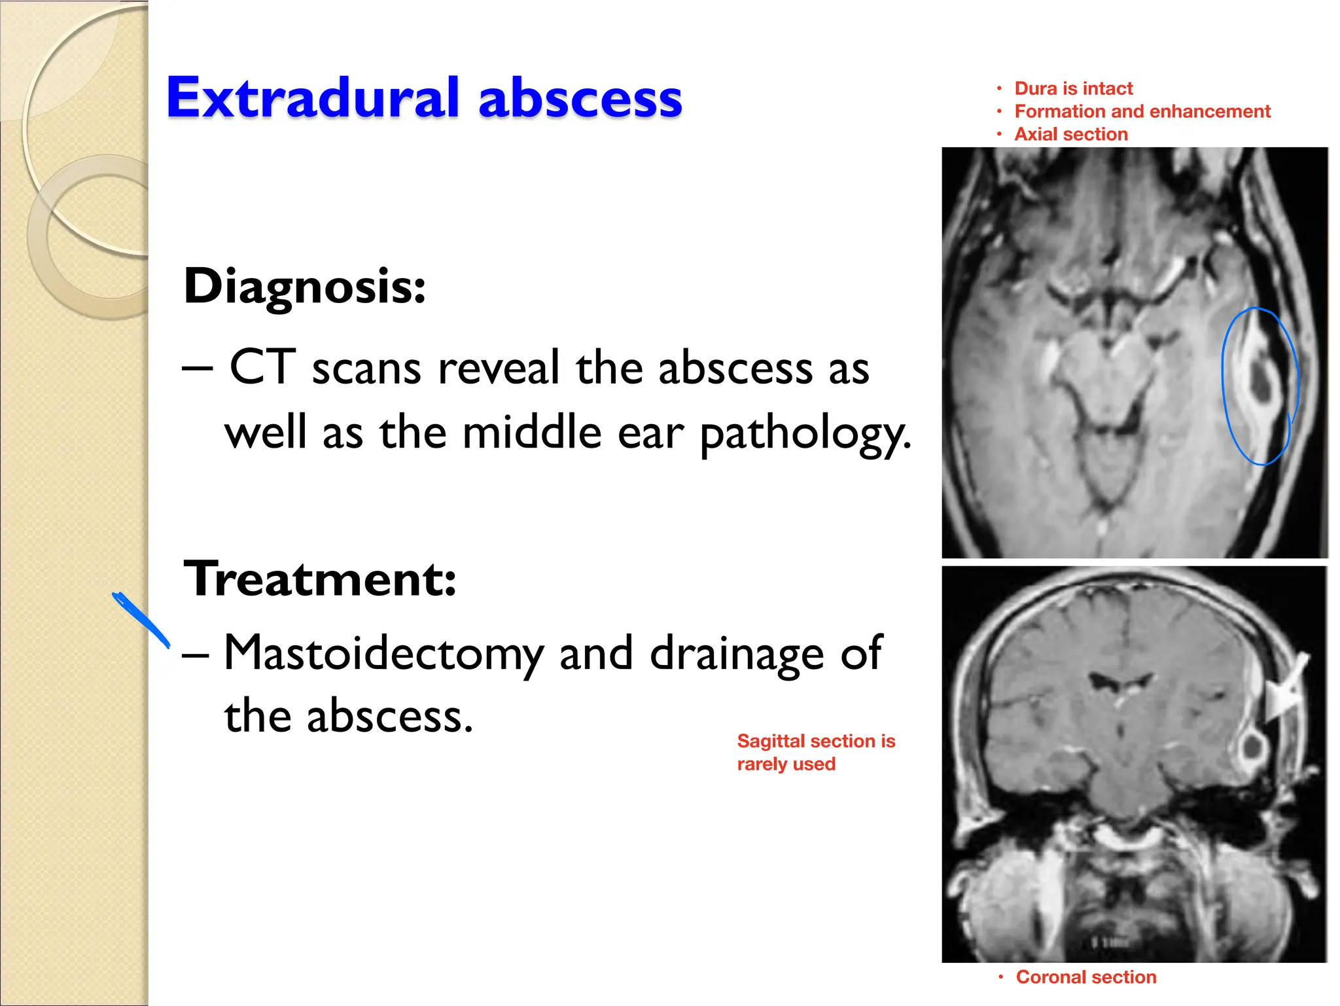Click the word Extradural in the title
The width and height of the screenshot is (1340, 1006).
click(x=311, y=98)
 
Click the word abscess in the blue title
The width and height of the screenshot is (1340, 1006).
click(x=580, y=98)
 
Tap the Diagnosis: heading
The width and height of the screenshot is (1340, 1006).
click(x=304, y=286)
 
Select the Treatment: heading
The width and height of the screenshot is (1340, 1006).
click(x=319, y=579)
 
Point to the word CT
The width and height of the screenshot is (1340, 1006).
click(x=262, y=367)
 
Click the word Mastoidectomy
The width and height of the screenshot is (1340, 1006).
click(x=383, y=654)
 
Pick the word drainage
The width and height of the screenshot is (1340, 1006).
click(x=737, y=654)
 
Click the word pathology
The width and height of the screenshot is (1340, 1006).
click(x=805, y=434)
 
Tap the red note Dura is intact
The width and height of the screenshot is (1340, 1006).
click(x=1073, y=88)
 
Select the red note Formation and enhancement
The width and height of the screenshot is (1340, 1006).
click(x=1142, y=111)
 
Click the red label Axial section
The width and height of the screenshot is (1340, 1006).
click(x=1070, y=134)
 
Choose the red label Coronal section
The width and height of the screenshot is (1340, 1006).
click(x=1085, y=977)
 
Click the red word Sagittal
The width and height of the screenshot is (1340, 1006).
click(x=769, y=741)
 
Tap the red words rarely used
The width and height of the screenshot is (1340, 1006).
click(x=786, y=764)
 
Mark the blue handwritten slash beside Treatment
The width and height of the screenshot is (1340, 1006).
click(x=141, y=619)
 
